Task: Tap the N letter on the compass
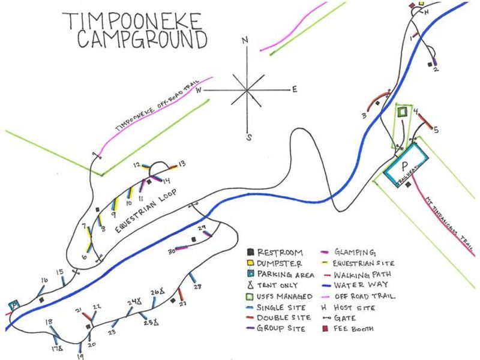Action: pyautogui.click(x=245, y=41)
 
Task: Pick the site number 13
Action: pyautogui.click(x=182, y=163)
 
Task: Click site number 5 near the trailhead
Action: pyautogui.click(x=437, y=129)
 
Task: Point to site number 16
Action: pyautogui.click(x=44, y=280)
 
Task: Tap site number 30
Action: pyautogui.click(x=171, y=251)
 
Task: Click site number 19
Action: pyautogui.click(x=80, y=356)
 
